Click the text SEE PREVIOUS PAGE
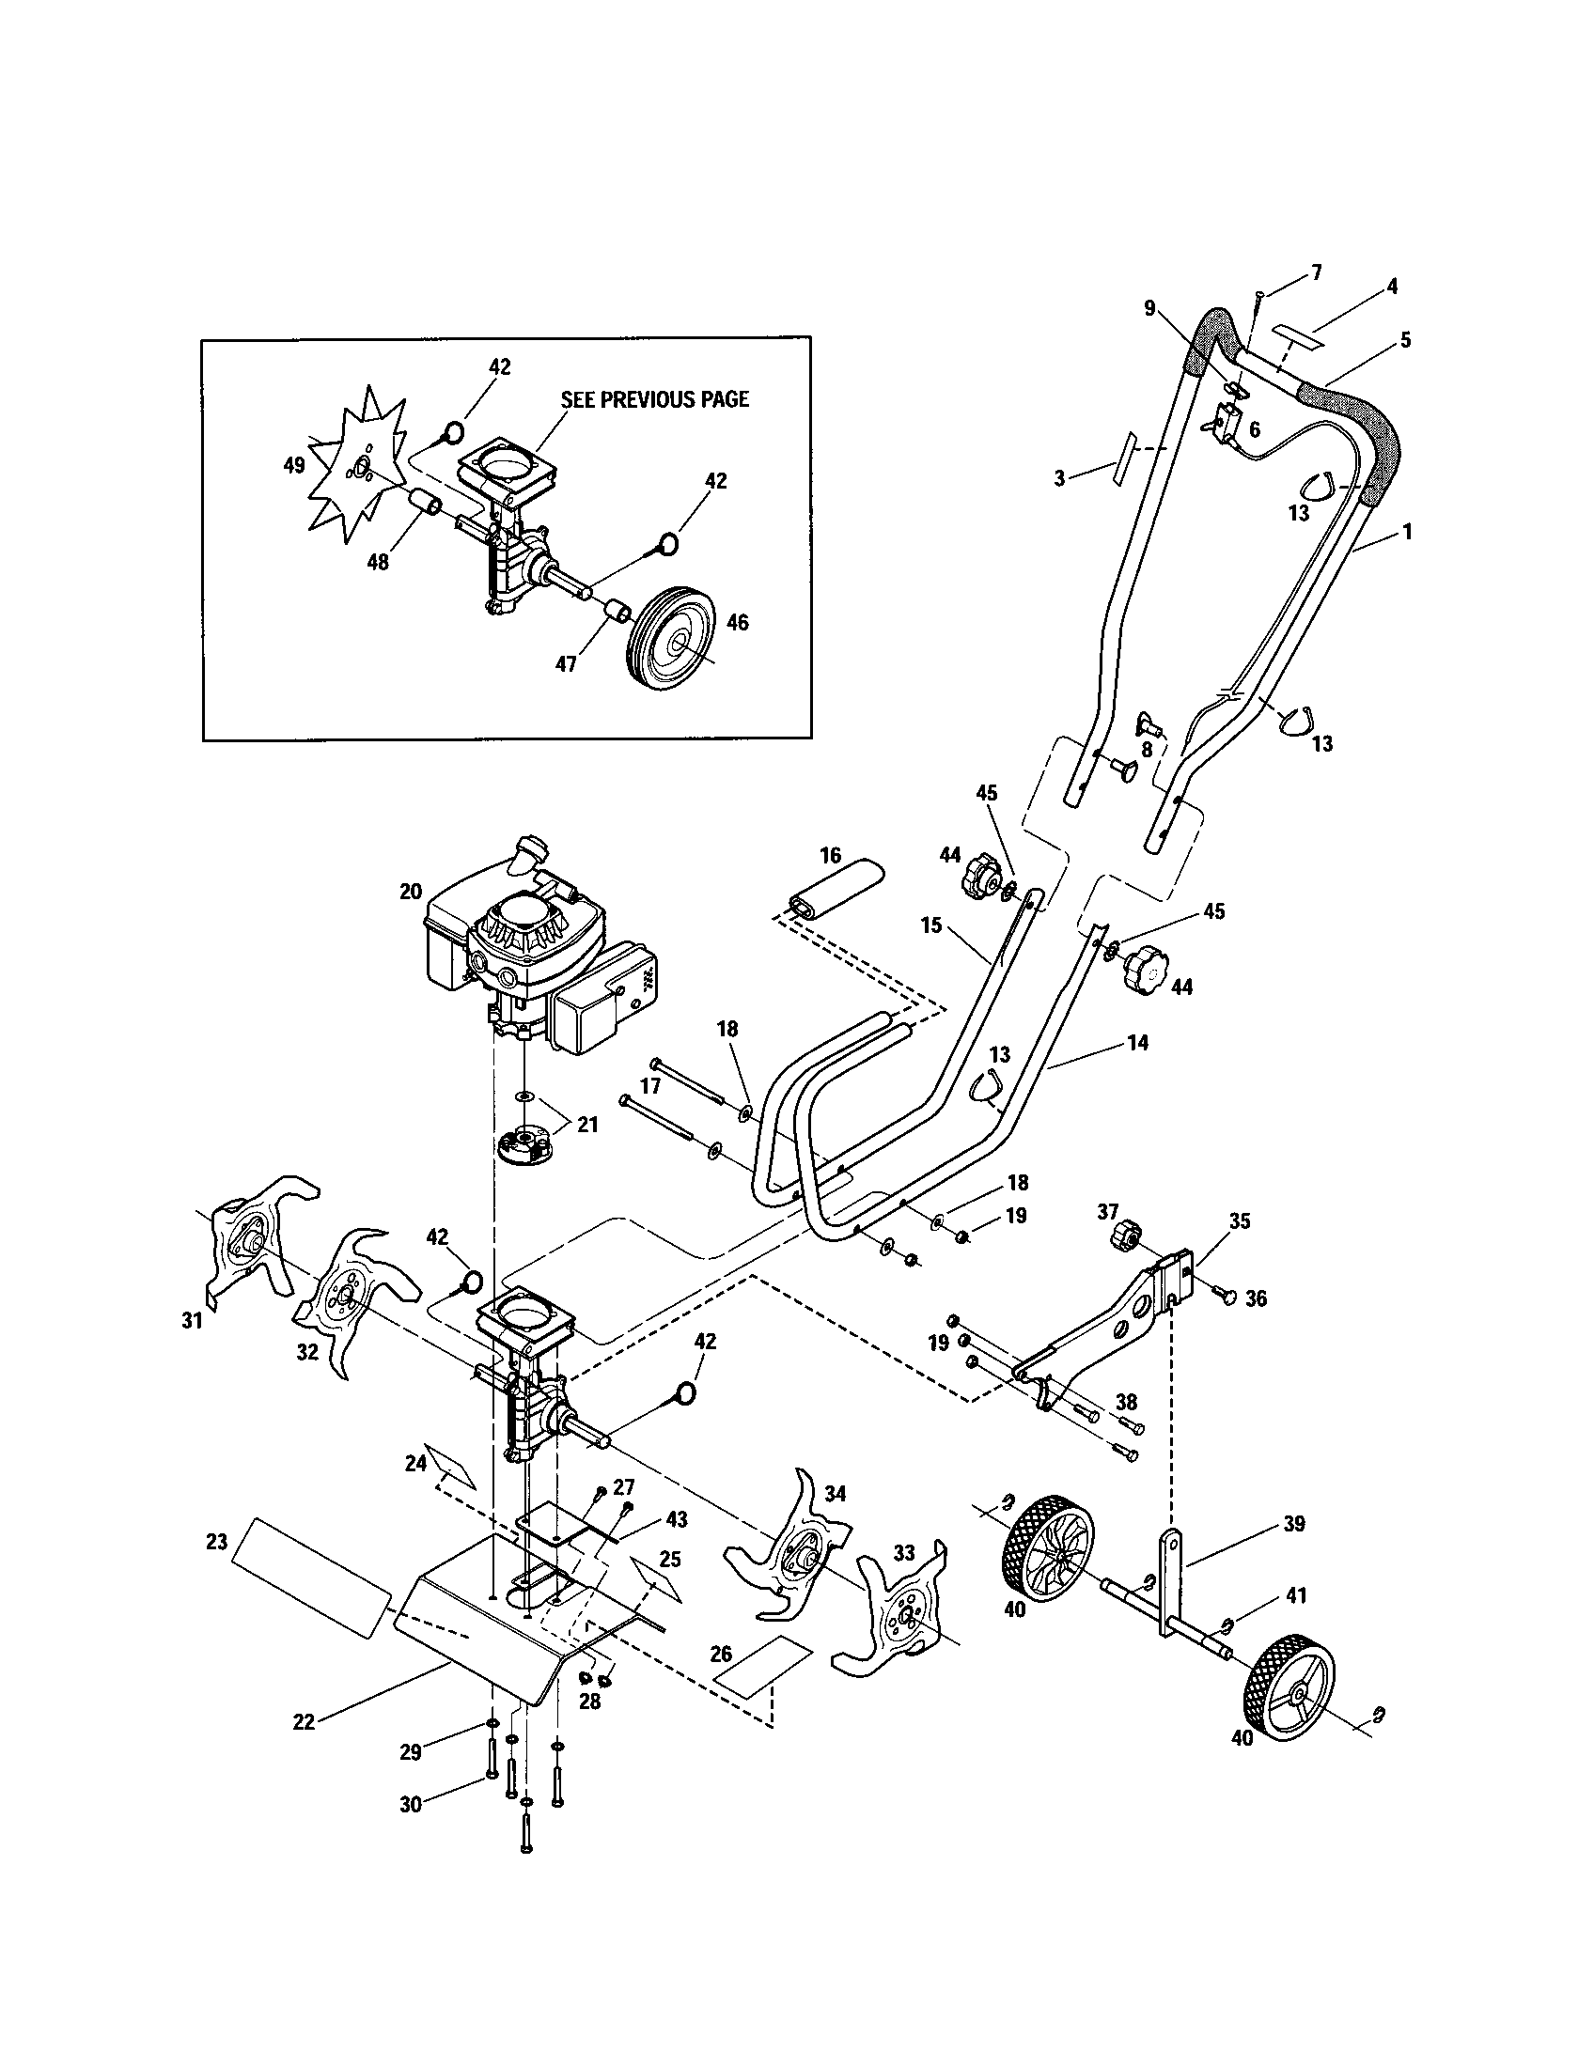(x=654, y=399)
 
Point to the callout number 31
(x=192, y=1320)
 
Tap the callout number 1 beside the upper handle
(x=1407, y=533)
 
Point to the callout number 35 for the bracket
(x=1239, y=1220)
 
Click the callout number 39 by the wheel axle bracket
(x=1294, y=1524)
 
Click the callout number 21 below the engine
(x=586, y=1126)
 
